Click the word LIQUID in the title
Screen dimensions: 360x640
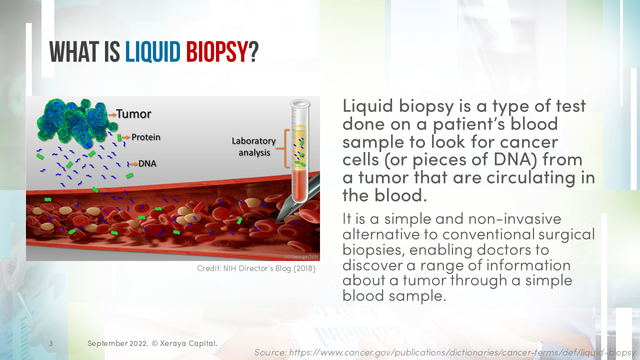152,52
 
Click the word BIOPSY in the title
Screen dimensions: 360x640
216,52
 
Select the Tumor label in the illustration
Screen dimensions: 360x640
134,114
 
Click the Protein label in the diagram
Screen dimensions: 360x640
146,137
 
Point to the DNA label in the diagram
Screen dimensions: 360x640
147,163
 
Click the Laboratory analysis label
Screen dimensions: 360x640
253,147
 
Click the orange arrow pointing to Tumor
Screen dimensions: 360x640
112,114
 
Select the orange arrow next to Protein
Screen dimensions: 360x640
126,137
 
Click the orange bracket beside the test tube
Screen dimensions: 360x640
286,148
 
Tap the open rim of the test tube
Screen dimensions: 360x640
300,103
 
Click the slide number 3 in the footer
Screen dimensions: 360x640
51,344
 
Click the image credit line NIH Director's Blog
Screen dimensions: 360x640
256,269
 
